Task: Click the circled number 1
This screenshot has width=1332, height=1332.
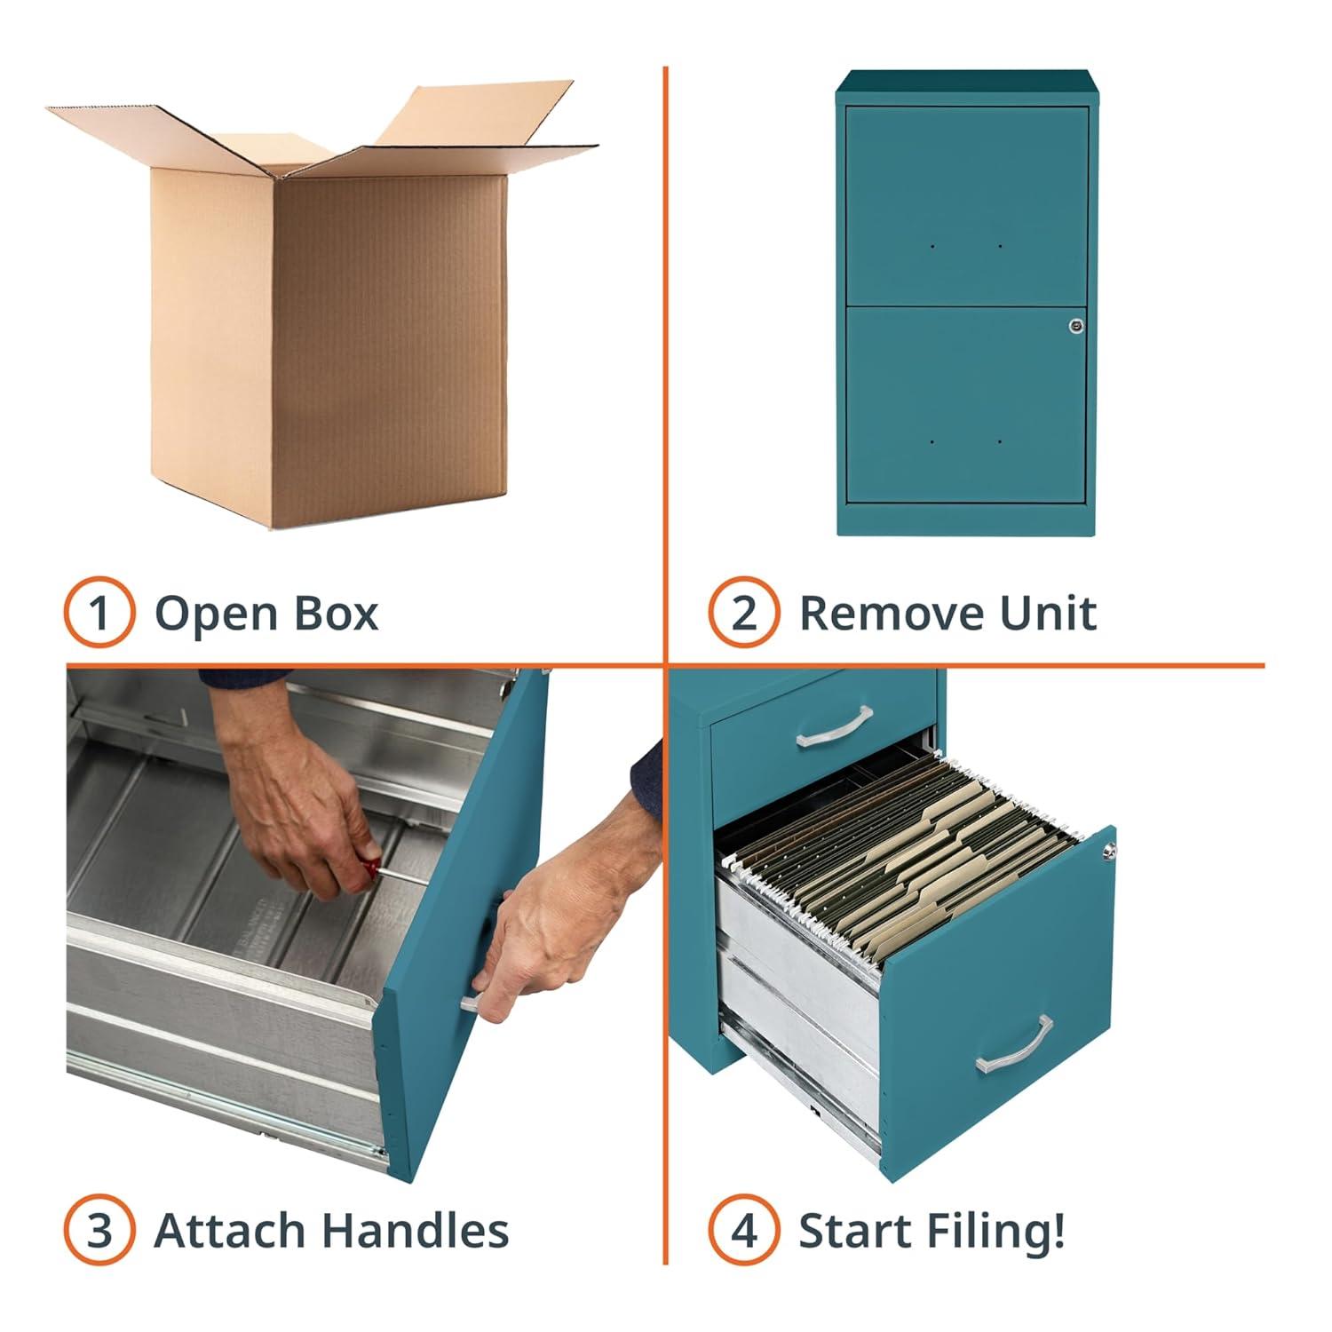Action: click(99, 613)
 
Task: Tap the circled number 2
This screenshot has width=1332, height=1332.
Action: click(744, 613)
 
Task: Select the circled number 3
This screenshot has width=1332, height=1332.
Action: click(99, 1231)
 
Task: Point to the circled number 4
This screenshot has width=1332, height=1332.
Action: click(744, 1231)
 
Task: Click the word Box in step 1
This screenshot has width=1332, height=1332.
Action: click(339, 613)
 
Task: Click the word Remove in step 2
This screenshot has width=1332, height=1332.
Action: click(892, 613)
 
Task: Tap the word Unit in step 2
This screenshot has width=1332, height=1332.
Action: click(1048, 613)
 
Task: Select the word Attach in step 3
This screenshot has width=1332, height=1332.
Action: click(231, 1231)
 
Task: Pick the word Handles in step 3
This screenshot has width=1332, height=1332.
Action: click(416, 1231)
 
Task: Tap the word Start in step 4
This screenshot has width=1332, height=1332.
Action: click(854, 1231)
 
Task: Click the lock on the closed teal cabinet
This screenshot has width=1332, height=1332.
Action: click(1076, 326)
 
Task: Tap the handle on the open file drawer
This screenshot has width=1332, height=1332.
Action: click(1014, 1045)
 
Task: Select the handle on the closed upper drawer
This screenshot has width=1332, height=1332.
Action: click(834, 726)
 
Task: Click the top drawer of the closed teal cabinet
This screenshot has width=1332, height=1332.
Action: click(966, 206)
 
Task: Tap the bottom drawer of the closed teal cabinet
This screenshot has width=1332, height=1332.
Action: click(966, 404)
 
